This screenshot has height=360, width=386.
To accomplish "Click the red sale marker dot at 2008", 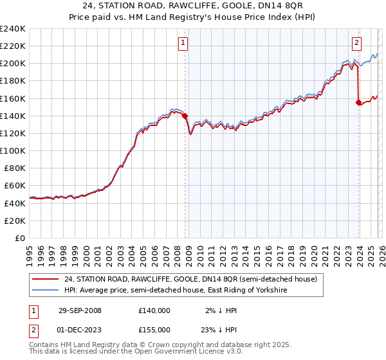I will [185, 116].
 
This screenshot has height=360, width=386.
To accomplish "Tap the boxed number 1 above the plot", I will [183, 43].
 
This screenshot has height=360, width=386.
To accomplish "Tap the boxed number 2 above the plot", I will [356, 43].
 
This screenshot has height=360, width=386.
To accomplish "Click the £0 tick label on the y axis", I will [19, 238].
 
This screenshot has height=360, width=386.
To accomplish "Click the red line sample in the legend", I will [46, 280].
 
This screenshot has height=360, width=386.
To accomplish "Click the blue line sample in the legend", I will [46, 291].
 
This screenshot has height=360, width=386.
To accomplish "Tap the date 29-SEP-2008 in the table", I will [80, 310].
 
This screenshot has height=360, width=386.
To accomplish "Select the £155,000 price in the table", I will [154, 329].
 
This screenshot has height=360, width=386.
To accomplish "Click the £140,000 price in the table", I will [154, 310].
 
